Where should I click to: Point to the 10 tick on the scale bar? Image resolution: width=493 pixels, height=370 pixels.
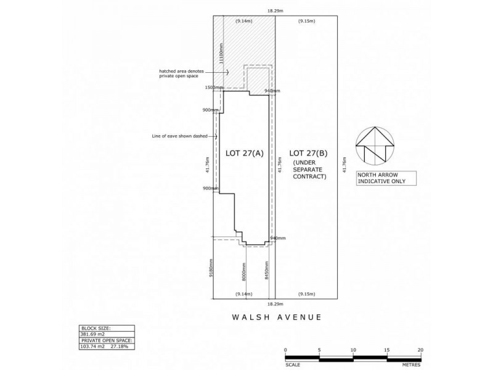pos(353,350)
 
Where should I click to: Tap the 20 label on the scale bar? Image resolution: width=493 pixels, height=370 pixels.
pos(420,350)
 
